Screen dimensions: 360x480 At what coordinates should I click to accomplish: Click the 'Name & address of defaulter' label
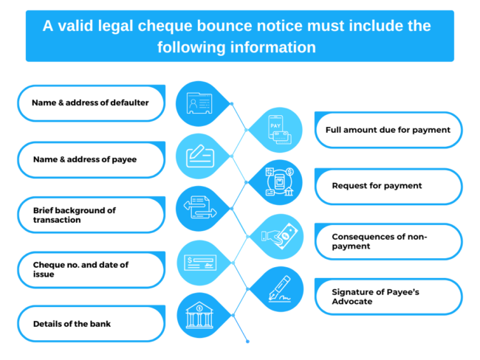pyautogui.click(x=90, y=103)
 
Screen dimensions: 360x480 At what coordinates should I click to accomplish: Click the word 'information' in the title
pyautogui.click(x=275, y=46)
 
